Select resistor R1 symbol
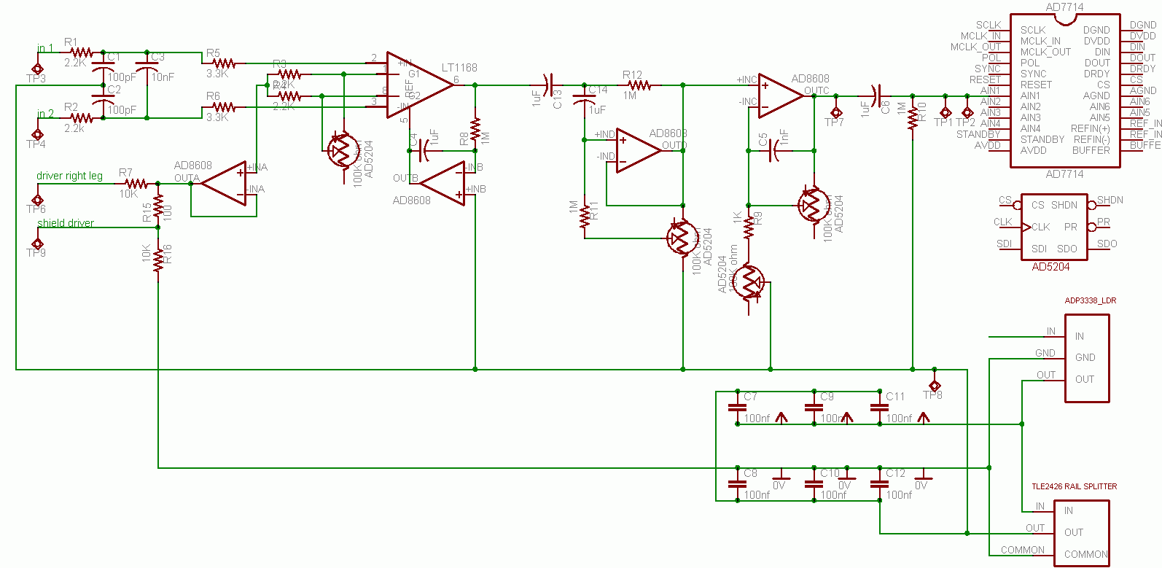(81, 52)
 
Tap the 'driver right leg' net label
(69, 176)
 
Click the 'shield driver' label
(66, 223)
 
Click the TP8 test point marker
(934, 385)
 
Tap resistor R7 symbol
(136, 184)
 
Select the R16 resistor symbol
(158, 261)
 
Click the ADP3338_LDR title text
(1090, 300)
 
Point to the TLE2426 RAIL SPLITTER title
(1074, 486)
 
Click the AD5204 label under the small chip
(1050, 267)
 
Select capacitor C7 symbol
(738, 408)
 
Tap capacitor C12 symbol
(880, 484)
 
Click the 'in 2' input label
(45, 114)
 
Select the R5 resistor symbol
(223, 63)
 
